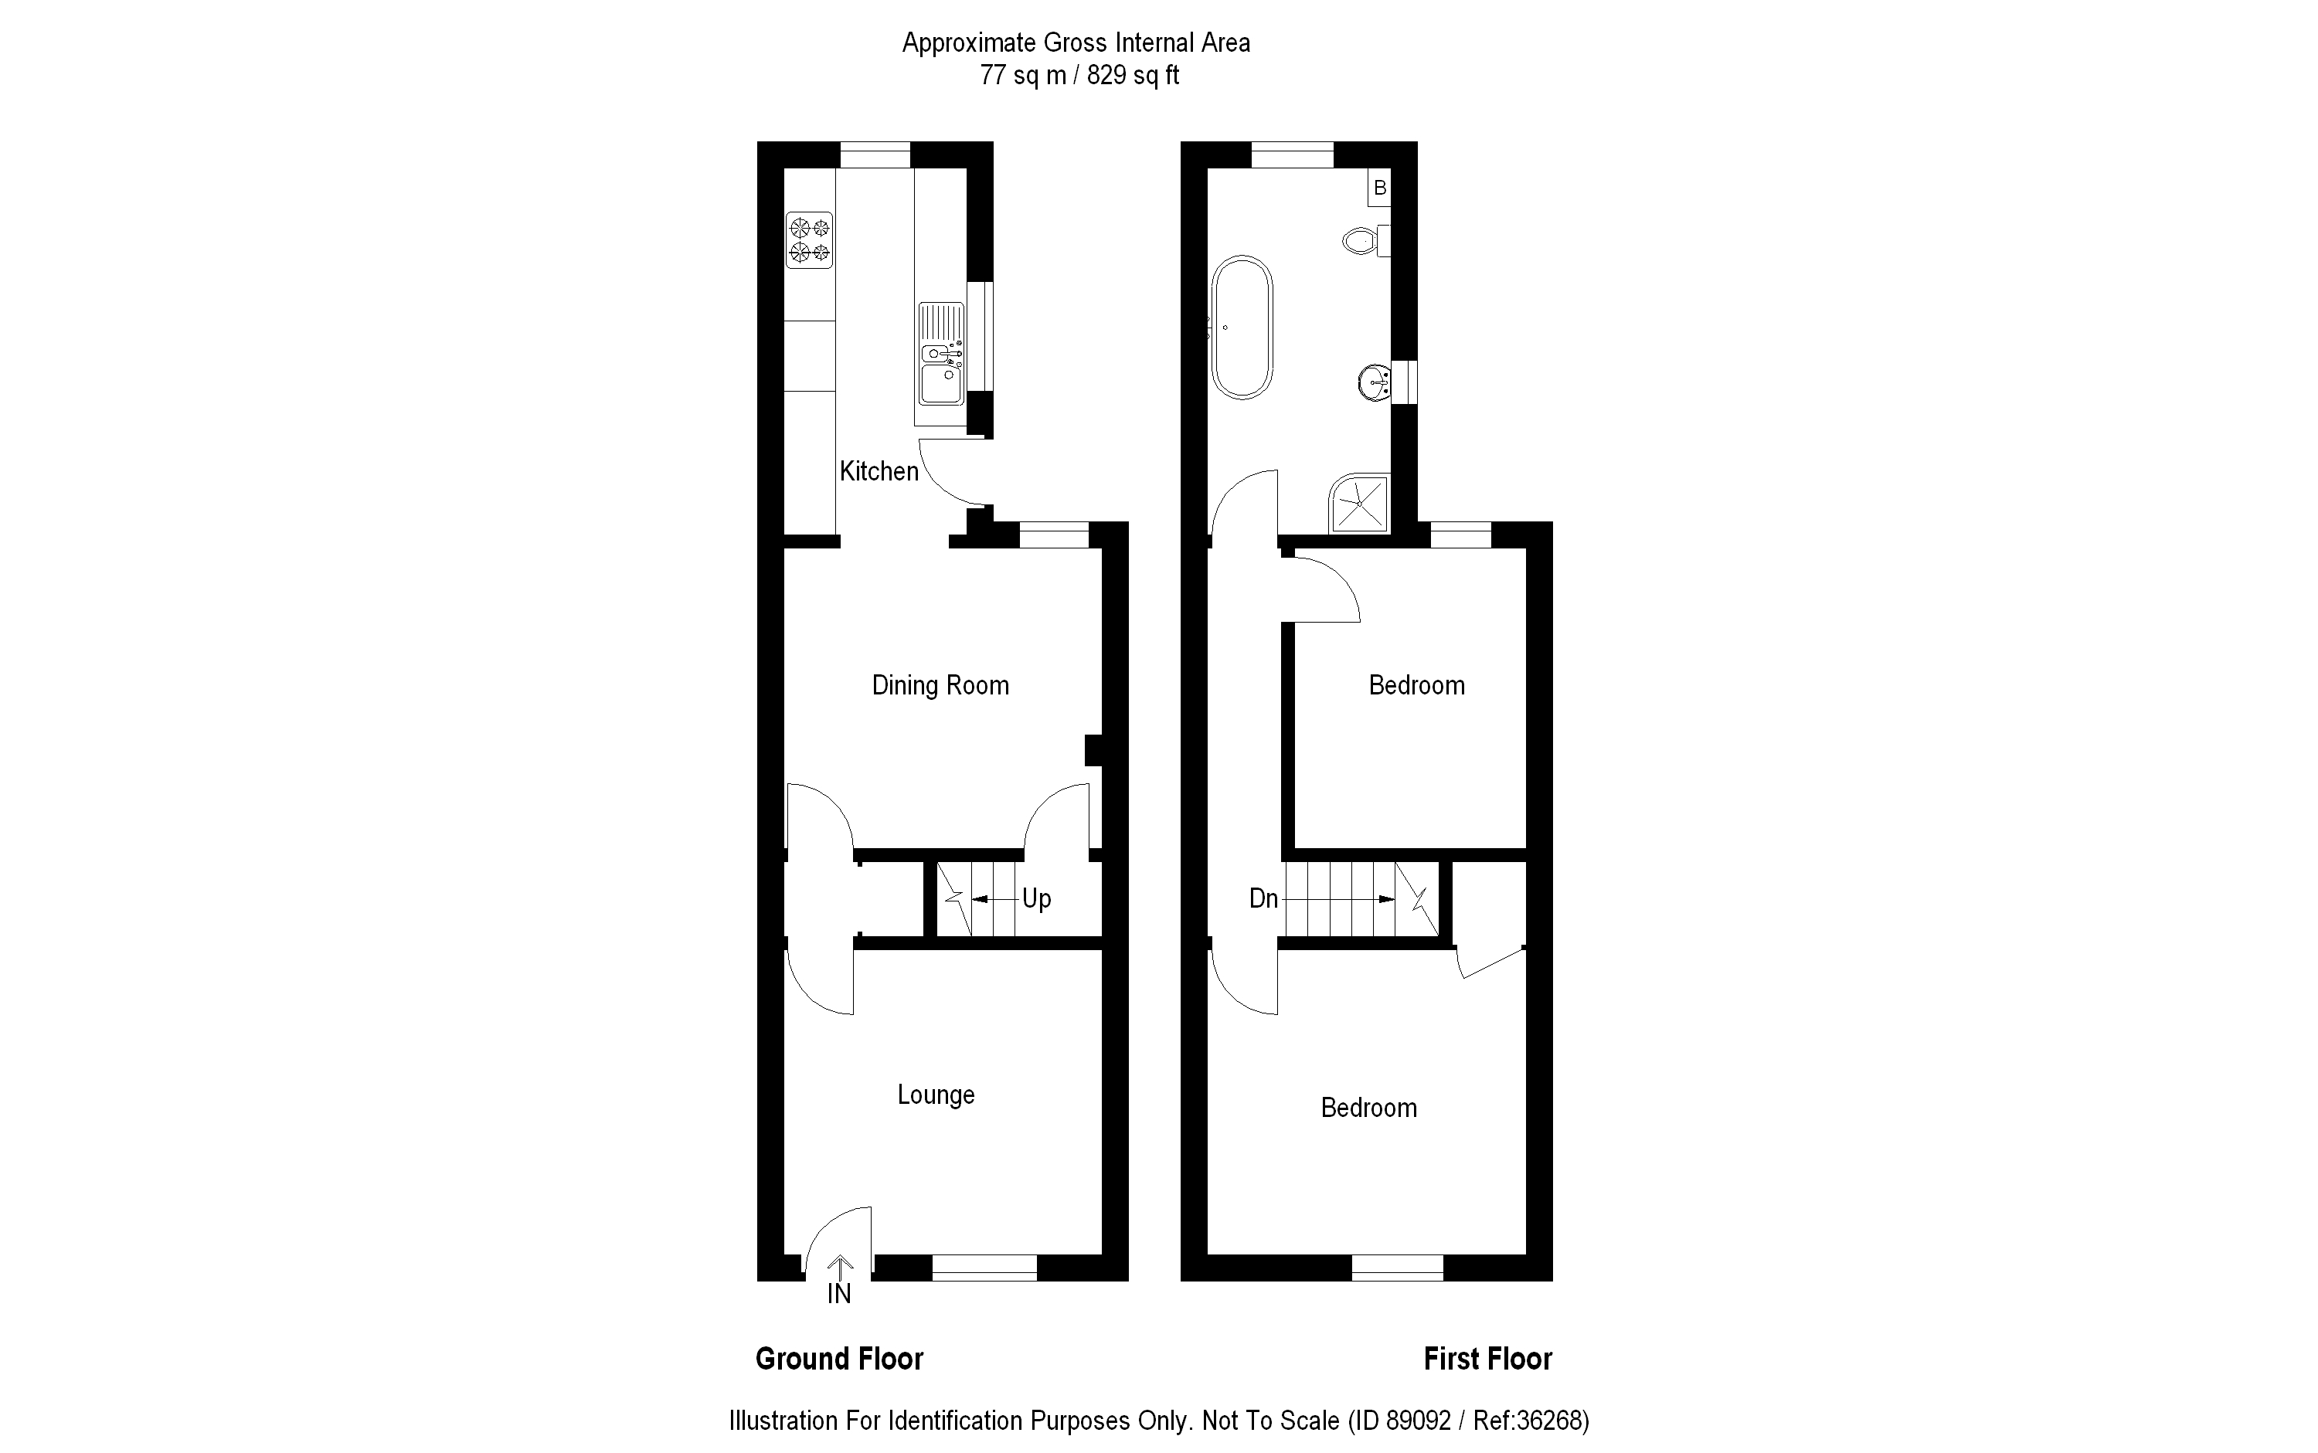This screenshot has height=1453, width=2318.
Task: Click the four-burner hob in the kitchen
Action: pyautogui.click(x=809, y=240)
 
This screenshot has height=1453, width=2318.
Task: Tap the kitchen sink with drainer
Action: pyautogui.click(x=942, y=354)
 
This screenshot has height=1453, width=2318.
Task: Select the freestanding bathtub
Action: pyautogui.click(x=1242, y=327)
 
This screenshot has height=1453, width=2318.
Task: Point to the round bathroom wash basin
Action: pyautogui.click(x=1375, y=382)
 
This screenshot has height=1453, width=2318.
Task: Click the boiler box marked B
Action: pyautogui.click(x=1380, y=188)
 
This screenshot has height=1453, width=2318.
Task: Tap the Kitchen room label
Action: pyautogui.click(x=879, y=471)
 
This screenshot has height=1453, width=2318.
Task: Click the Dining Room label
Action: pyautogui.click(x=940, y=685)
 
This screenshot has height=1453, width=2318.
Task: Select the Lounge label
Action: pyautogui.click(x=936, y=1095)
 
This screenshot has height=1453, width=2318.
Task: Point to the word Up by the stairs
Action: pyautogui.click(x=1036, y=899)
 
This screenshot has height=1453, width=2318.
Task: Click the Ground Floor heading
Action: pyautogui.click(x=839, y=1359)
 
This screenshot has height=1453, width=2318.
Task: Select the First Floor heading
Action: pyautogui.click(x=1487, y=1359)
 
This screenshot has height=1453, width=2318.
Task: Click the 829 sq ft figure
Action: pyautogui.click(x=1133, y=75)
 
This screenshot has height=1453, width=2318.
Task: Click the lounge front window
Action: pyautogui.click(x=984, y=1268)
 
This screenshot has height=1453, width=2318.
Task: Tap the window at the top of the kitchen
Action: pyautogui.click(x=875, y=154)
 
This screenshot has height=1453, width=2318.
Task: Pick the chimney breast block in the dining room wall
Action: pyautogui.click(x=1093, y=751)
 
